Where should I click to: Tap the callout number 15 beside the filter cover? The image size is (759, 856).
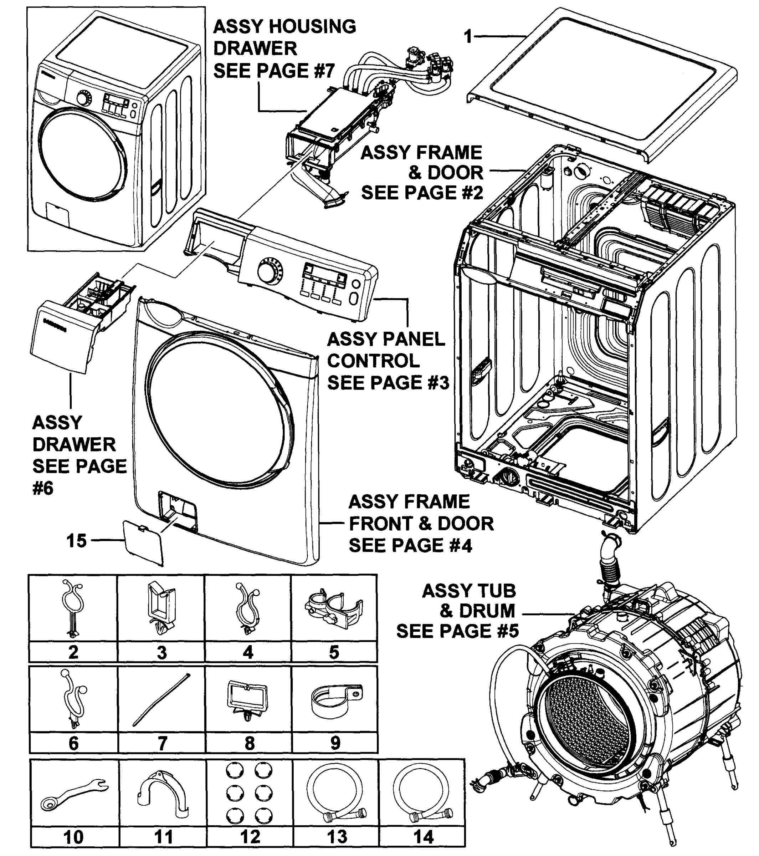coord(76,541)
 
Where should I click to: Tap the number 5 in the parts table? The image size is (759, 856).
coord(334,652)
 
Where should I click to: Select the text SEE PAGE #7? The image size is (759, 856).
coord(274,71)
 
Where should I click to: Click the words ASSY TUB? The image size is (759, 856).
coord(469,591)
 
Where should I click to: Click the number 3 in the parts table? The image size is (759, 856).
coord(161,652)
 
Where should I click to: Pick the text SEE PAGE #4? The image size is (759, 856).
coord(410,546)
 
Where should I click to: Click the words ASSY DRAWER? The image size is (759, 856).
coord(74,433)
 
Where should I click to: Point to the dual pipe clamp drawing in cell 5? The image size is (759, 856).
coord(334,608)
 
